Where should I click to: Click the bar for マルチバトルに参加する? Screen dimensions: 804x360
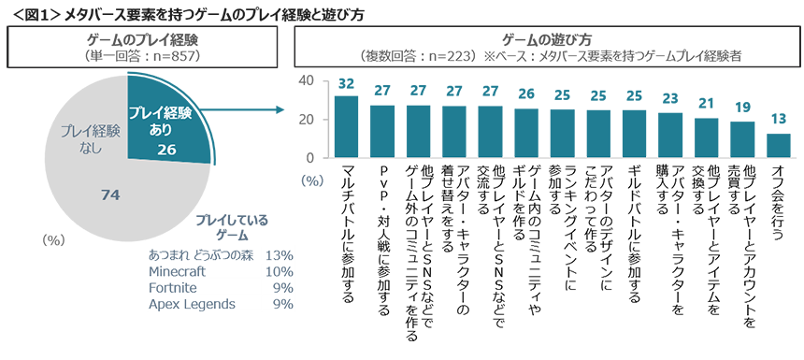[346, 126]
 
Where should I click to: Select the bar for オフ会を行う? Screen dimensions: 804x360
[779, 145]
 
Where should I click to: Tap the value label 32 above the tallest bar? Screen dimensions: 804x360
[346, 84]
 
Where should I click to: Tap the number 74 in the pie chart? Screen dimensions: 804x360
[110, 194]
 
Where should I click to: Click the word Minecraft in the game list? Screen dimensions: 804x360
[177, 271]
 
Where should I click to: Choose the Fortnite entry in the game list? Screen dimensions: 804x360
[172, 288]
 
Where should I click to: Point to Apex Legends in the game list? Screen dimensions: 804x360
[192, 304]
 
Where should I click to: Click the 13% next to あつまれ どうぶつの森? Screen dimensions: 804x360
[280, 255]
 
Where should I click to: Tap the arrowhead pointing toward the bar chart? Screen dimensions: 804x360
[280, 109]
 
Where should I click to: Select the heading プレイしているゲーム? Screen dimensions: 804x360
[232, 228]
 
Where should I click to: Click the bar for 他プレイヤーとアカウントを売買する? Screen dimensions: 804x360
[742, 139]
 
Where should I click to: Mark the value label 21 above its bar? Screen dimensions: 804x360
[707, 105]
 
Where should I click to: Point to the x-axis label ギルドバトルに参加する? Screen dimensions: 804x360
[634, 234]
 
